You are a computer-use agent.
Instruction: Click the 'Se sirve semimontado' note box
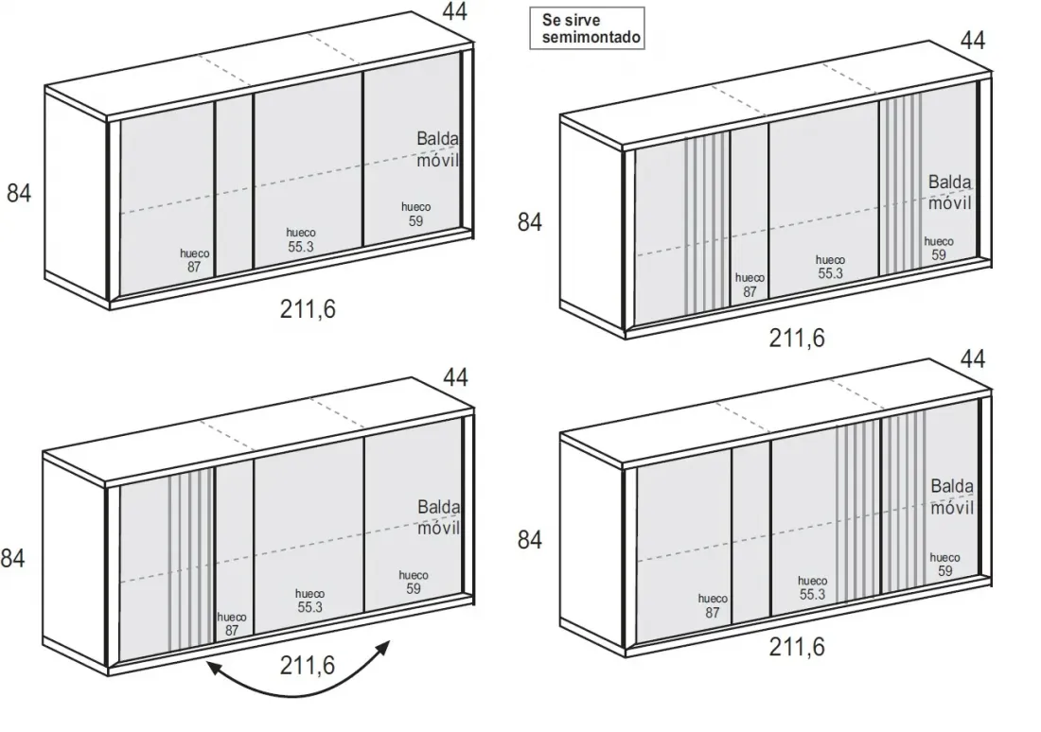pos(587,27)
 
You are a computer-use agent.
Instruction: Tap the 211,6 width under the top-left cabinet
pos(308,309)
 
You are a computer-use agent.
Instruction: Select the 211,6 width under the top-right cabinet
pos(797,339)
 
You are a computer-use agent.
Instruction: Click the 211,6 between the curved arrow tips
pos(308,665)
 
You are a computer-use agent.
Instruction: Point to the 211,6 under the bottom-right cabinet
pos(797,647)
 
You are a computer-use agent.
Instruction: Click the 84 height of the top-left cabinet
pos(19,193)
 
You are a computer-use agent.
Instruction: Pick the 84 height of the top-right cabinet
pos(529,221)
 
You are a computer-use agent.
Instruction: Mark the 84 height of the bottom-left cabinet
pos(12,558)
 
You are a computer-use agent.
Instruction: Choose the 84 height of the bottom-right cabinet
pos(529,540)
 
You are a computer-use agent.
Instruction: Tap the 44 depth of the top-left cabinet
pos(455,11)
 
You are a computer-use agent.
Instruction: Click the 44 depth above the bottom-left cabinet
pos(455,377)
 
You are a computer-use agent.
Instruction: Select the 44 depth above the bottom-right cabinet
pos(973,359)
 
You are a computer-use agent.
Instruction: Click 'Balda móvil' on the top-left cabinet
pos(437,149)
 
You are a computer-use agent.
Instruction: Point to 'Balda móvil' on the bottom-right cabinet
pos(952,497)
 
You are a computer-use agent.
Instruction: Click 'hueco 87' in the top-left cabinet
pos(194,260)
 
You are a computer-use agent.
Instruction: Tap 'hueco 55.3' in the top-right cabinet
pos(830,267)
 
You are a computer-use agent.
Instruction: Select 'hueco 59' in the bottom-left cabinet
pos(413,582)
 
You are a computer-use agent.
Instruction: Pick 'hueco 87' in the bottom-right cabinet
pos(713,606)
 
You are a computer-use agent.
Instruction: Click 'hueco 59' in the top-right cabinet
pos(938,248)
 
